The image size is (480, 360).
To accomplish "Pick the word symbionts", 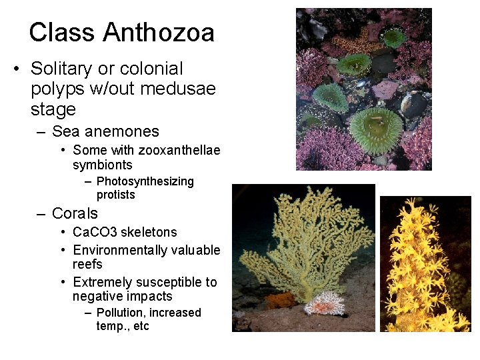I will pos(103,165).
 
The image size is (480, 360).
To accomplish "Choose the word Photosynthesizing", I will pos(145,181).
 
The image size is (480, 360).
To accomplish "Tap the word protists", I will pos(116,195).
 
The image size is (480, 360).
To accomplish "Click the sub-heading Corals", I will pos(75,213).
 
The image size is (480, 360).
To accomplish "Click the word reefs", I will pos(87,264).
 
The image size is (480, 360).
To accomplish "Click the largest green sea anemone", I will pos(376,127).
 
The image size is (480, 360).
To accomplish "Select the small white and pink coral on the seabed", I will pos(325,304).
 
